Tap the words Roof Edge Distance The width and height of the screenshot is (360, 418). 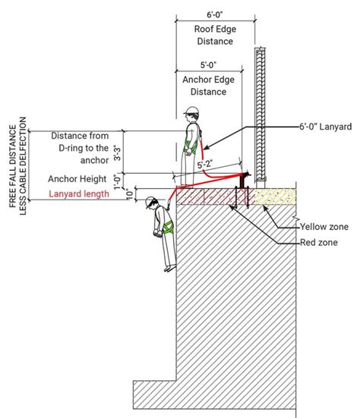[x=215, y=35]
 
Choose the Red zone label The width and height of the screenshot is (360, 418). [x=319, y=243]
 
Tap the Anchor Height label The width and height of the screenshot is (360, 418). [x=78, y=179]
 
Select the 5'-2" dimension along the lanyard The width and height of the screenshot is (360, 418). [x=205, y=163]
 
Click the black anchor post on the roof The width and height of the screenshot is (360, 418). [x=244, y=181]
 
